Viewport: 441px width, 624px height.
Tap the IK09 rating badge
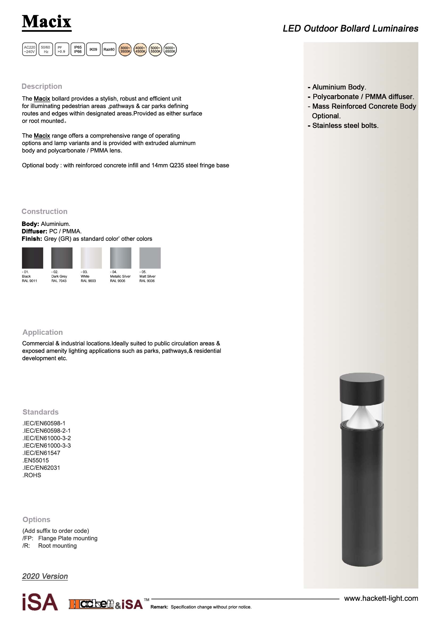(93, 49)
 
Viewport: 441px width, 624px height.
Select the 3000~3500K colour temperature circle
(125, 50)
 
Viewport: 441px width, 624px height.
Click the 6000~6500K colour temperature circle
(170, 50)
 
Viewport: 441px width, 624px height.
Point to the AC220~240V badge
(29, 49)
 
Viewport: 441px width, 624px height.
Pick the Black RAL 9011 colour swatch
(33, 258)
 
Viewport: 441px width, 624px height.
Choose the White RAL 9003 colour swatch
(91, 258)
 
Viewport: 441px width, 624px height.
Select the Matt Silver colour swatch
(150, 258)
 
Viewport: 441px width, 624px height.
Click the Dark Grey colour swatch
(62, 258)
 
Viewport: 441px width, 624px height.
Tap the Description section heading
(42, 86)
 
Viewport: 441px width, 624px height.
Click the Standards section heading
(41, 412)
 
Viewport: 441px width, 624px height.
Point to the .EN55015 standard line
(35, 460)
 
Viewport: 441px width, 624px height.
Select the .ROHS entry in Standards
(32, 475)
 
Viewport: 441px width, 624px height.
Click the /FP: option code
(28, 538)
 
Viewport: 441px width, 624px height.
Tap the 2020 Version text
(45, 576)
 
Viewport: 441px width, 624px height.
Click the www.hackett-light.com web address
(381, 598)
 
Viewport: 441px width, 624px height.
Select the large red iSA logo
(40, 602)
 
